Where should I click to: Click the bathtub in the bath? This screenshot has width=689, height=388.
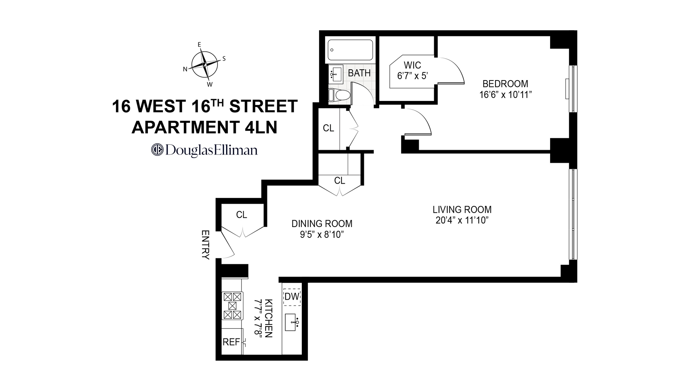coord(350,50)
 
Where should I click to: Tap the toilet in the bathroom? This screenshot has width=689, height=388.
coord(339,95)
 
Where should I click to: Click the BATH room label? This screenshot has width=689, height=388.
coord(359,73)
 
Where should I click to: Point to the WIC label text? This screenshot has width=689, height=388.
coord(412,65)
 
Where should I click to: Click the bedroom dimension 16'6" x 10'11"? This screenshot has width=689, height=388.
coord(505,95)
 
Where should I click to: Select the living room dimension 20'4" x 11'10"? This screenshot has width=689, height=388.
coord(462,220)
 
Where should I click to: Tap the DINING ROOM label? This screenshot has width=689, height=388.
coord(322,224)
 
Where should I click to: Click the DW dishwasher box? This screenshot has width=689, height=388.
coord(292,297)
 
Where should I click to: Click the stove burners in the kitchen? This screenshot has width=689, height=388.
coord(232,306)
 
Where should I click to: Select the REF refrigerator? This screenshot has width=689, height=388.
coord(231,342)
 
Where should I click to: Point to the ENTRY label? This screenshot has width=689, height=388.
coord(205,245)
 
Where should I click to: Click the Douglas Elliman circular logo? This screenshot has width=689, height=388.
coord(156,149)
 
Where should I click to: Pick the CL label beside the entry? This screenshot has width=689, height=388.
coord(242,215)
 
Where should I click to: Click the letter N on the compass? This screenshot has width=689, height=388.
coord(186,69)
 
